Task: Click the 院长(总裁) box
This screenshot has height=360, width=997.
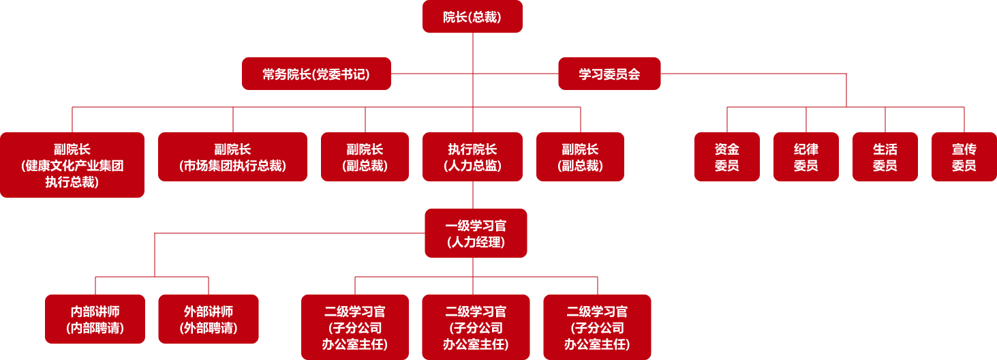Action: pyautogui.click(x=472, y=16)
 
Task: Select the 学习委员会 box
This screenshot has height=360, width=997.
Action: pyautogui.click(x=609, y=74)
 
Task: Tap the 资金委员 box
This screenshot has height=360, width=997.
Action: pyautogui.click(x=726, y=157)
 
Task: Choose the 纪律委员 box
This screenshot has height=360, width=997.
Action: pyautogui.click(x=806, y=157)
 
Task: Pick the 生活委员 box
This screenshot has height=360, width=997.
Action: pyautogui.click(x=885, y=157)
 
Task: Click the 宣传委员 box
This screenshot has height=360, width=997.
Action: pyautogui.click(x=964, y=157)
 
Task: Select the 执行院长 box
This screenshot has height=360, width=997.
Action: pyautogui.click(x=472, y=157)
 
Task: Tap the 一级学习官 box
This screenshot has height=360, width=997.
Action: pyautogui.click(x=476, y=233)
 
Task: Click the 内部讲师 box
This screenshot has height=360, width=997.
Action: pyautogui.click(x=95, y=319)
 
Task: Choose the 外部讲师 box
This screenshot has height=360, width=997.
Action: pyautogui.click(x=209, y=319)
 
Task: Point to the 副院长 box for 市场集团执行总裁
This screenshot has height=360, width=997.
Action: pyautogui.click(x=232, y=157)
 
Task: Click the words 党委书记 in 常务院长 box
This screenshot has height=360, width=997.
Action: pyautogui.click(x=341, y=74)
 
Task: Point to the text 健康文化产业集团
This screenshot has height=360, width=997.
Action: pyautogui.click(x=72, y=166)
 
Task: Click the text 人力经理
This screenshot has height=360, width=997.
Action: pyautogui.click(x=476, y=242)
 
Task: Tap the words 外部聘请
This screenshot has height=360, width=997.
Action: pyautogui.click(x=209, y=328)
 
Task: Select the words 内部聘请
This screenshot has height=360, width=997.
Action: pyautogui.click(x=95, y=328)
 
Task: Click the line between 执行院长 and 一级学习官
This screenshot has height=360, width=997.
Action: pyautogui.click(x=473, y=195)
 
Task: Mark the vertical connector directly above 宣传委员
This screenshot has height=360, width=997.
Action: pyautogui.click(x=964, y=119)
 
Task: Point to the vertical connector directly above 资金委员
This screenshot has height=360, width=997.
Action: pyautogui.click(x=727, y=119)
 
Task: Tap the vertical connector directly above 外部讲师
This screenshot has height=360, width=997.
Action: pyautogui.click(x=209, y=286)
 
